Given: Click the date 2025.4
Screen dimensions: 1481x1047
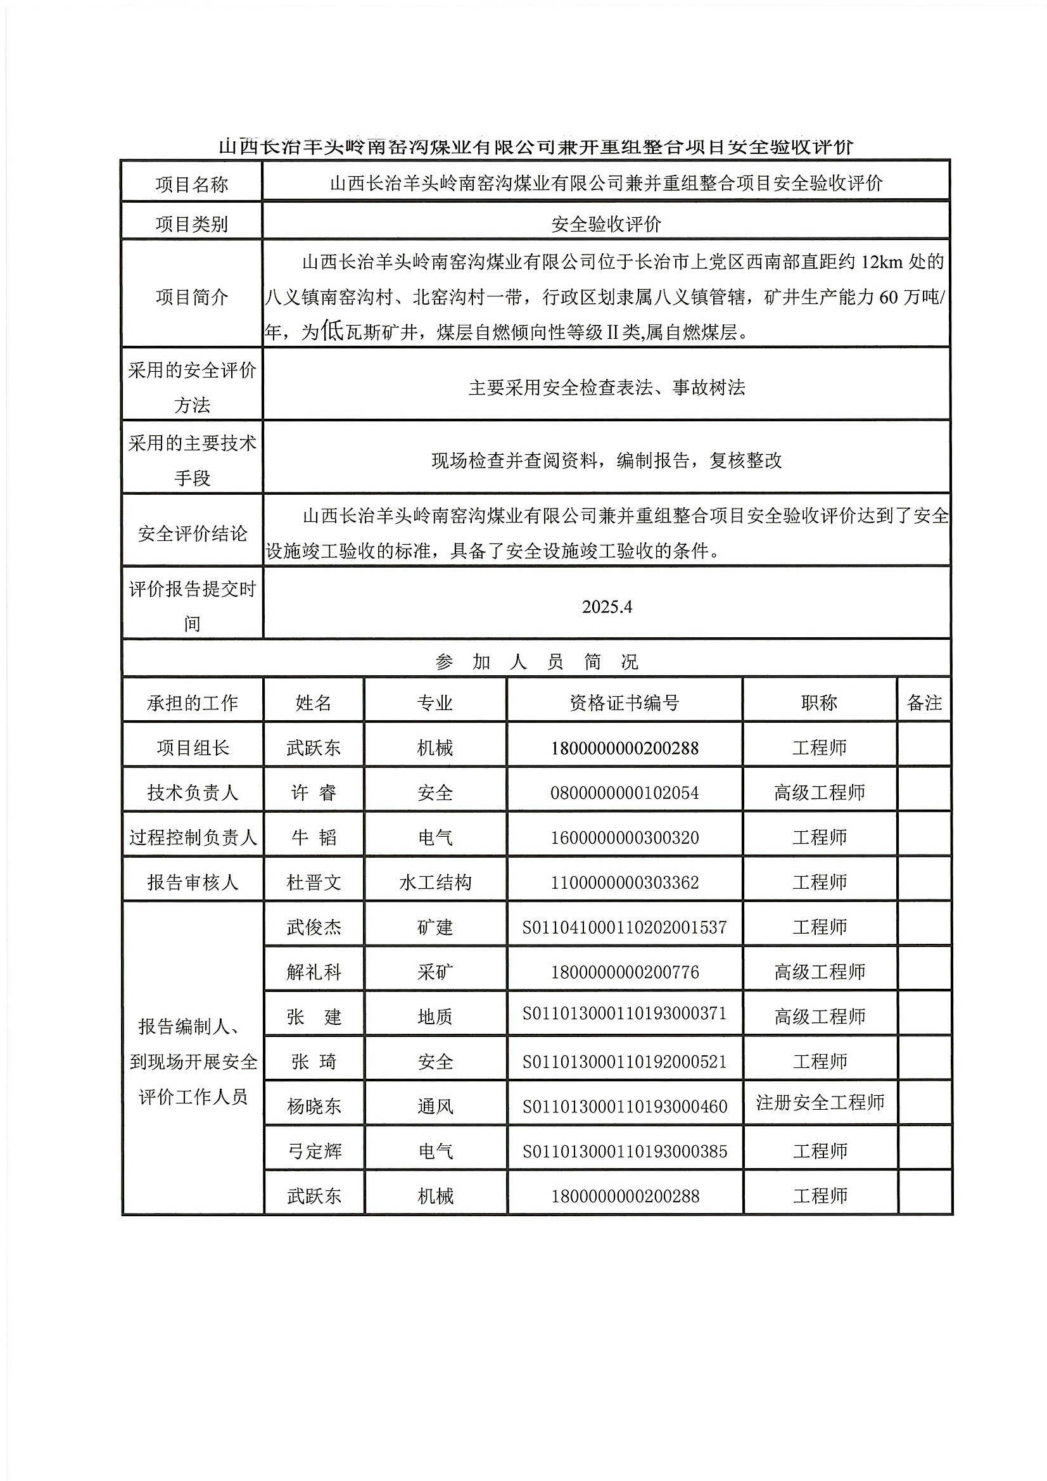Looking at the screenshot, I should point(606,607).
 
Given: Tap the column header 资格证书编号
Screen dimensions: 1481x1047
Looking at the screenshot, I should point(624,702).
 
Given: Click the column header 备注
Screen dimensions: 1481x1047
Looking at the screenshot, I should point(923,702).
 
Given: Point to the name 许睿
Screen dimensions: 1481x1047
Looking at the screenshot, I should point(314,792).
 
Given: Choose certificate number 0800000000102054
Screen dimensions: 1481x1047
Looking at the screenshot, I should point(624,792).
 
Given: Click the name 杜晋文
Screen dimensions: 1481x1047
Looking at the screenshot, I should point(314,882).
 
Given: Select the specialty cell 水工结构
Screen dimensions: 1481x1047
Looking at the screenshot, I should point(435,882).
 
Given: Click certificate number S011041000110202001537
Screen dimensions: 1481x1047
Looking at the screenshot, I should point(624,927).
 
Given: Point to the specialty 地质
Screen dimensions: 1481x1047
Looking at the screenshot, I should point(435,1017).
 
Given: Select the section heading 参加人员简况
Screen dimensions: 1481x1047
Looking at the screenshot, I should point(536,662).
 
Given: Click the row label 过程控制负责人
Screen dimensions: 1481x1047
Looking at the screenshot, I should point(193,837).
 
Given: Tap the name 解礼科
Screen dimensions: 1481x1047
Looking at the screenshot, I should point(314,972).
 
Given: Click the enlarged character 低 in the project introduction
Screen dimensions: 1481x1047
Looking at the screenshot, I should point(332,331).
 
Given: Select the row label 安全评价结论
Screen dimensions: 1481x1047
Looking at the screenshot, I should point(193,533).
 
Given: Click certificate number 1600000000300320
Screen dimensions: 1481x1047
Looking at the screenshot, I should point(624,838).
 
